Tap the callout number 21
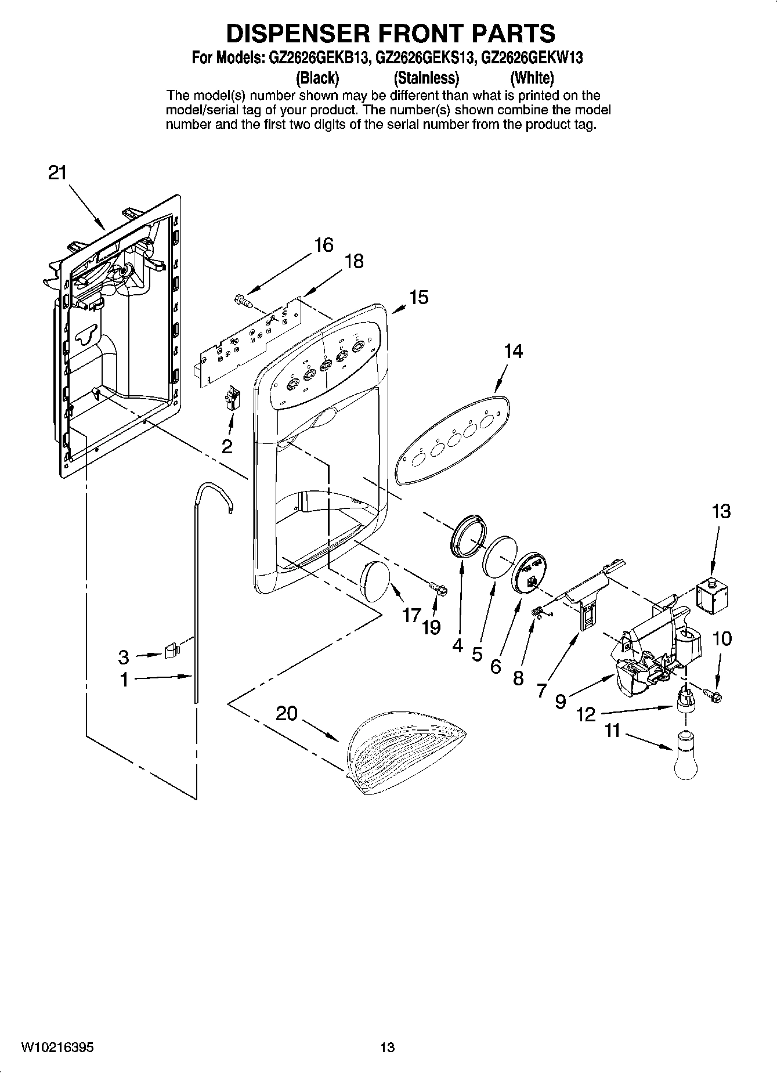point(57,173)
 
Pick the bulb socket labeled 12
point(685,698)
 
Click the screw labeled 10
point(713,694)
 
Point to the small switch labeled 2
point(232,399)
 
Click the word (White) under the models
point(532,77)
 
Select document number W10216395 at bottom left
point(57,1047)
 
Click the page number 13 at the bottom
point(387,1047)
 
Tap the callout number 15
point(418,298)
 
